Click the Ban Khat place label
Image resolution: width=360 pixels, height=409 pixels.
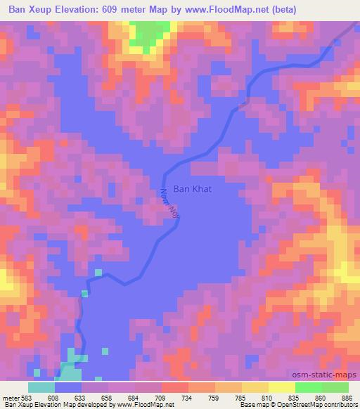[193, 189]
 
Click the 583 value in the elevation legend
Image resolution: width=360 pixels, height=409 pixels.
[26, 397]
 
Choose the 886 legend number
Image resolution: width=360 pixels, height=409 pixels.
[347, 397]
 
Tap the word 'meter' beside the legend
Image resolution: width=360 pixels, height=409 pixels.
[10, 397]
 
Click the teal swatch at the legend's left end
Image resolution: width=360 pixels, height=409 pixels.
[41, 387]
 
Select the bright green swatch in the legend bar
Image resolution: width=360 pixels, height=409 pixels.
[308, 387]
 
